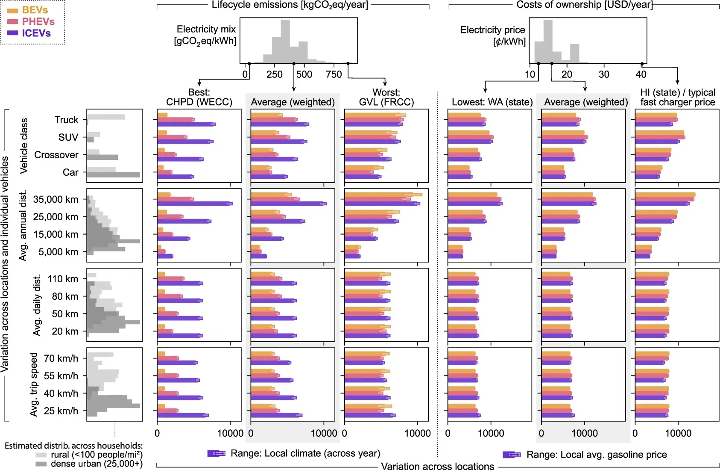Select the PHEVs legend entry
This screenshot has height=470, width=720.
pos(31,21)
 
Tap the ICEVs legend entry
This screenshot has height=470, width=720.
pos(29,33)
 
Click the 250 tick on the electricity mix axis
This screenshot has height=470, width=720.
pos(275,74)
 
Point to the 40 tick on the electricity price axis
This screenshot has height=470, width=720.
pos(641,74)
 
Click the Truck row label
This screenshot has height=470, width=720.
pos(66,120)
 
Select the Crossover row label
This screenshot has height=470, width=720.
pos(56,155)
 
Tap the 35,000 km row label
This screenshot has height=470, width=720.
pos(56,199)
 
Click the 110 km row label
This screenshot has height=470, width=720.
pos(63,279)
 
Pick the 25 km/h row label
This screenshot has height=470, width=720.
pos(61,411)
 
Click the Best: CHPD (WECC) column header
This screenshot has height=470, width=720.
pos(199,97)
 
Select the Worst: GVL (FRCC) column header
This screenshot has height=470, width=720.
pos(386,97)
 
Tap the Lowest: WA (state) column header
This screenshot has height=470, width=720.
pos(492,102)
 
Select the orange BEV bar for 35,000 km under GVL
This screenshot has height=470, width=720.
pos(383,195)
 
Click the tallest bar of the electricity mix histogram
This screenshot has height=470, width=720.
pos(285,41)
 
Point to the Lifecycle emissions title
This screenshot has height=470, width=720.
pos(290,5)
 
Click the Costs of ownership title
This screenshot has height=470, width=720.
pos(585,5)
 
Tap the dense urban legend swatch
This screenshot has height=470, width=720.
pos(41,464)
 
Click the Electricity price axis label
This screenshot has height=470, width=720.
pos(493,35)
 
